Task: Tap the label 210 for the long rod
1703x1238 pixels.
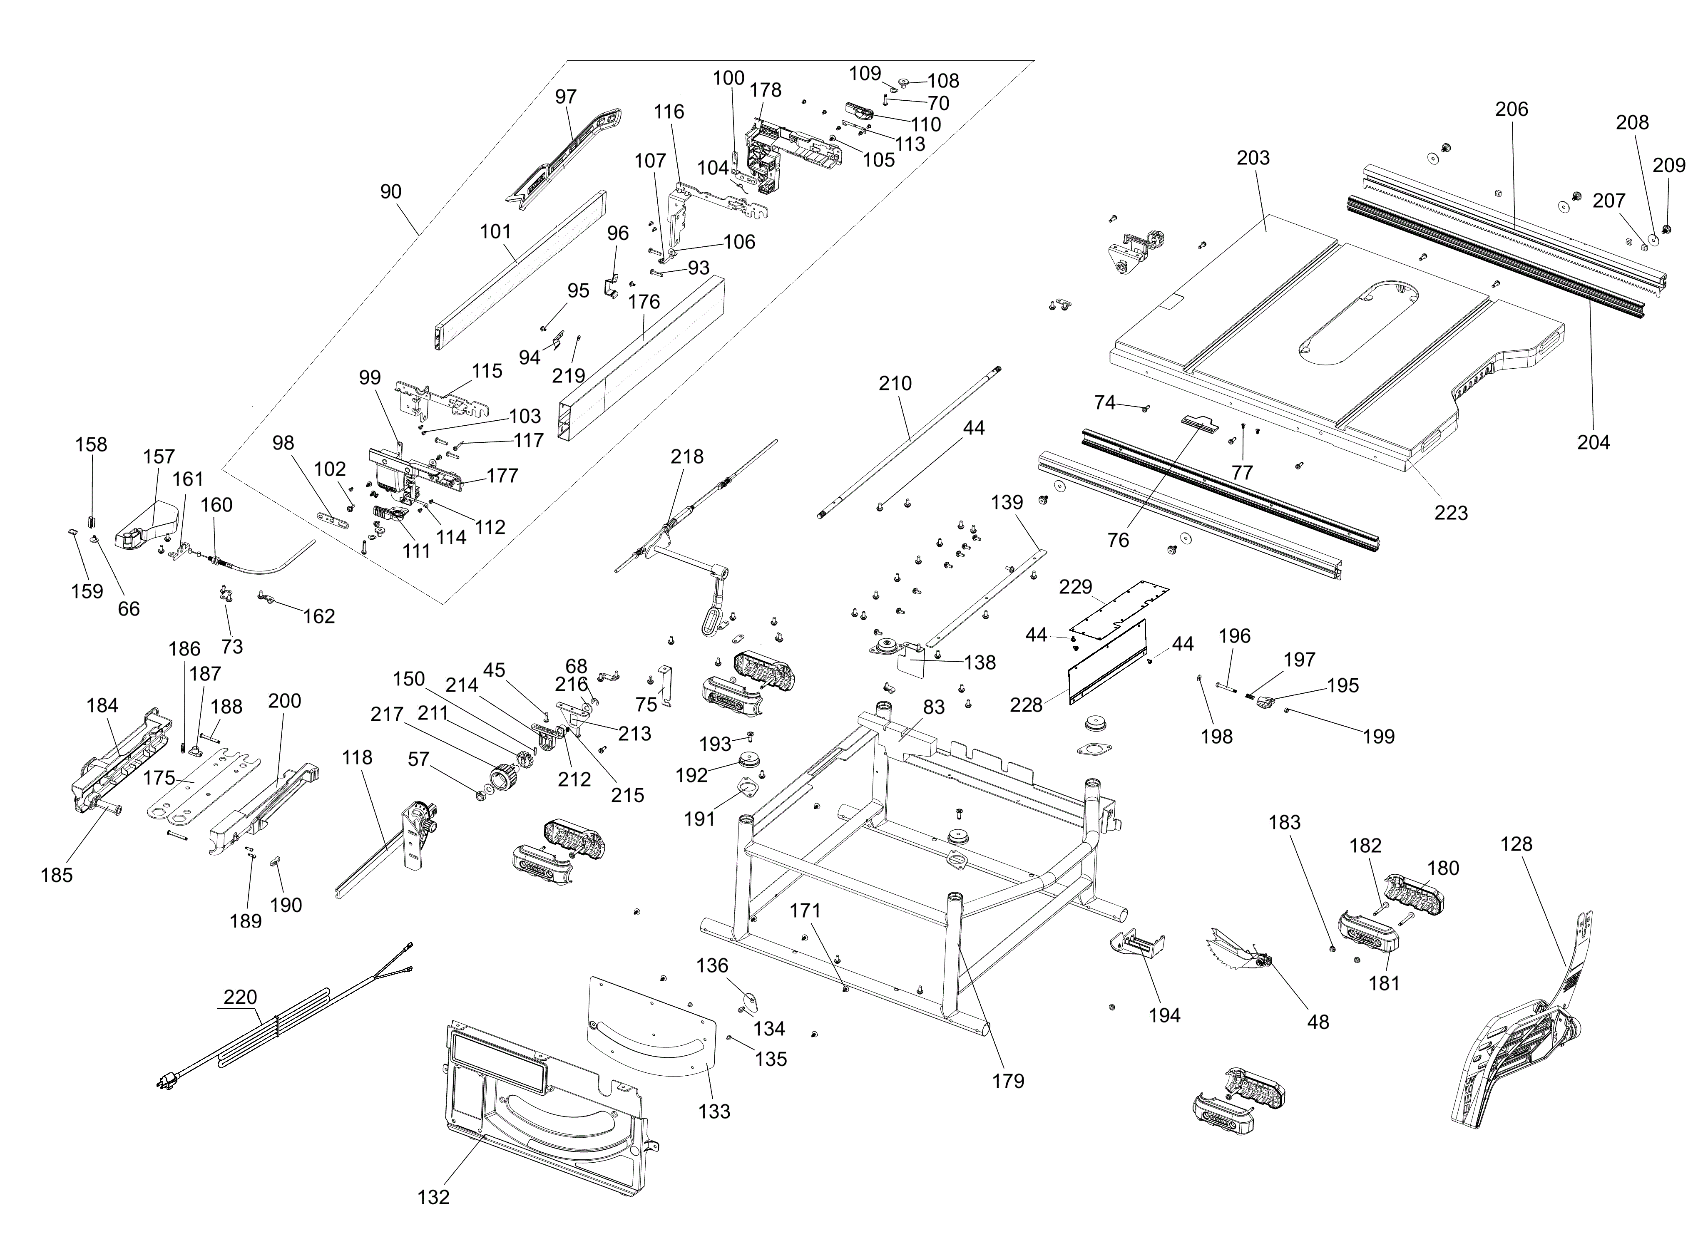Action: (895, 384)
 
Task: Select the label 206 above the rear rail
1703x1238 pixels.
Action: (1512, 109)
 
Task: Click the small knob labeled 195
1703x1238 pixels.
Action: (1265, 703)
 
